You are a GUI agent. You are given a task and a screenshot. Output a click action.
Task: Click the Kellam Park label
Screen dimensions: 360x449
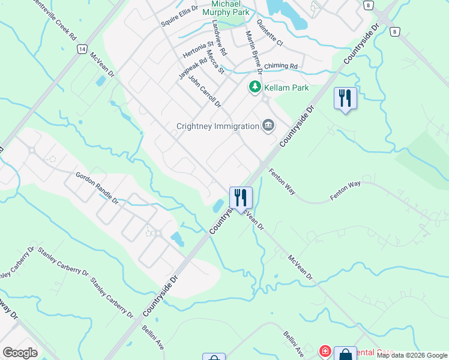point(286,88)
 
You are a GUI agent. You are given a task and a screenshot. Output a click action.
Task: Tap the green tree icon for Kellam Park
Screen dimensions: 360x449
point(255,88)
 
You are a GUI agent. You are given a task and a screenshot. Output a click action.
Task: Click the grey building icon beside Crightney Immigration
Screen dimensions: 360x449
point(268,125)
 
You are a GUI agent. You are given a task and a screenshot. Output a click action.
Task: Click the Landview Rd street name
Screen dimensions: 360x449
point(219,38)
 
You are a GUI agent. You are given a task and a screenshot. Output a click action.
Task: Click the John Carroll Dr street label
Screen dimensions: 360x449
point(205,91)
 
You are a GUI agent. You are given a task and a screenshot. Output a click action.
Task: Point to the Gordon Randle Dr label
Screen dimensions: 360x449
point(97,188)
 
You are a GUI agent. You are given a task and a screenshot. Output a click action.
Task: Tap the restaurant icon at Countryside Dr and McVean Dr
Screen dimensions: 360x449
point(241,197)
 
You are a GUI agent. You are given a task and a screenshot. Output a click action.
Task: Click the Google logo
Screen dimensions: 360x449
point(20,352)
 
